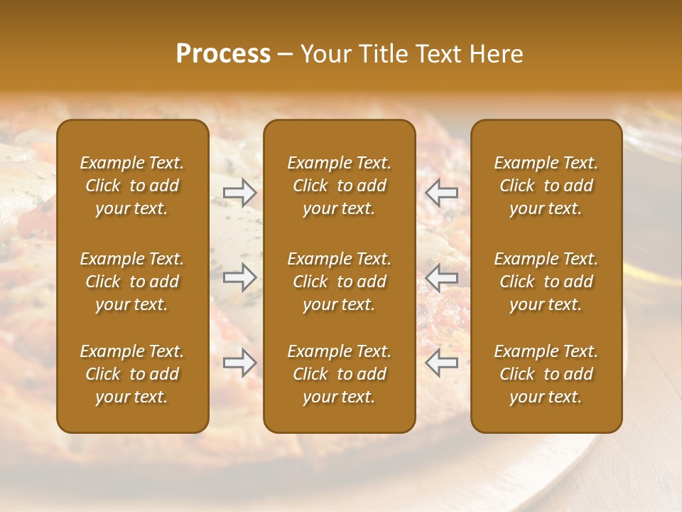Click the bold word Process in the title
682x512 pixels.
coord(223,54)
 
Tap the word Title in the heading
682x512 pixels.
coord(381,54)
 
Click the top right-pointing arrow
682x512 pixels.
coord(239,192)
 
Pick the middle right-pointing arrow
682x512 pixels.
coord(239,277)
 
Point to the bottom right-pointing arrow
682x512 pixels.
coord(239,363)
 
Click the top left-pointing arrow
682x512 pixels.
coord(442,192)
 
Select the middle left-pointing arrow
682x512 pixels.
coord(442,277)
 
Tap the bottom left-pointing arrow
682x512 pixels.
coord(442,363)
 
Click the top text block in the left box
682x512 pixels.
coord(132,186)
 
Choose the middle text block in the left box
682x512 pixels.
coord(132,282)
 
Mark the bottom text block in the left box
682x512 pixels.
coord(132,374)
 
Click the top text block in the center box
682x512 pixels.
coord(340,186)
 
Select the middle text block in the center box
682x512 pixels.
coord(340,282)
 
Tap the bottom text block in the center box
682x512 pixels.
coord(340,374)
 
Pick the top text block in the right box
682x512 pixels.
coord(546,186)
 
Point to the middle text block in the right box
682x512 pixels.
coord(546,282)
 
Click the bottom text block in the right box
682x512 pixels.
coord(546,374)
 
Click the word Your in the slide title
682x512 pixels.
coord(323,54)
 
